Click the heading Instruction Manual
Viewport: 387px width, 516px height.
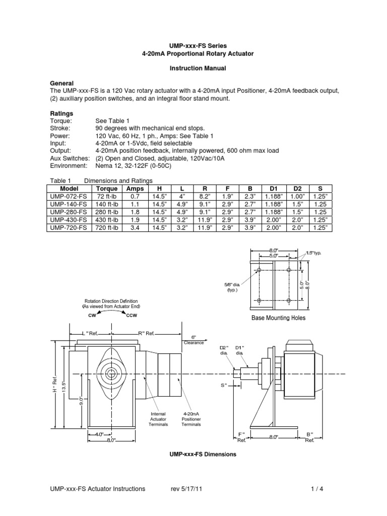coord(193,68)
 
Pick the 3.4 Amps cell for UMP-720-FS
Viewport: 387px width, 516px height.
coord(135,228)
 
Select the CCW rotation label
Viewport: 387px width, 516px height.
coord(132,315)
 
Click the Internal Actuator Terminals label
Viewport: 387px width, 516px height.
coord(158,419)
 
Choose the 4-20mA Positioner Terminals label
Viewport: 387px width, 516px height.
coord(191,419)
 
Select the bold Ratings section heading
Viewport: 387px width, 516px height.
coord(61,113)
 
